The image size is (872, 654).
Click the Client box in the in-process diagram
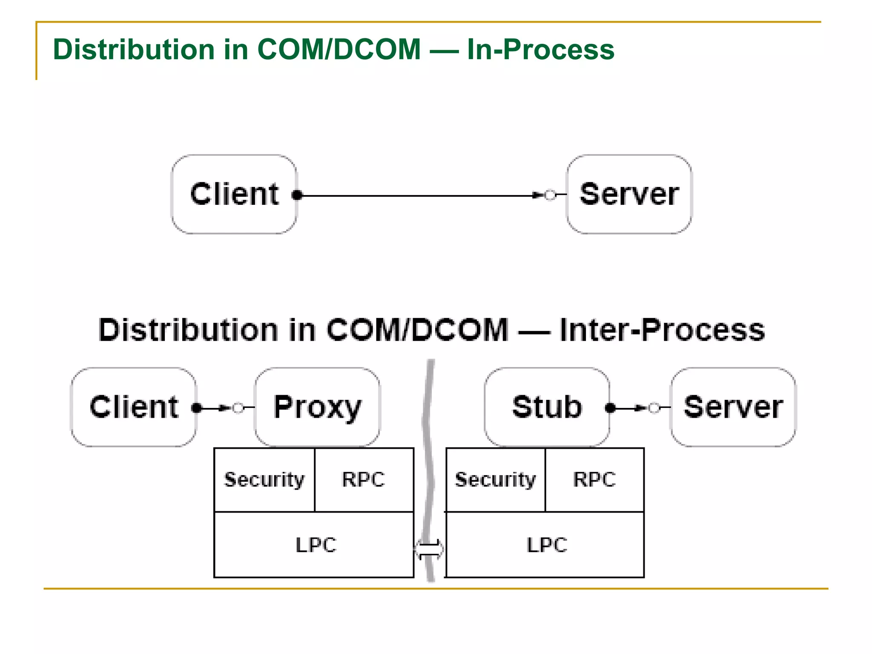[234, 195]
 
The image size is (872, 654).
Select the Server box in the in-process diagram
[629, 195]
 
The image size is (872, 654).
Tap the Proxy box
[317, 407]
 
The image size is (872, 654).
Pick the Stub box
[547, 407]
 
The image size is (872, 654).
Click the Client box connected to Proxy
[134, 407]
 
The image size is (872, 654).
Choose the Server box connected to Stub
[733, 407]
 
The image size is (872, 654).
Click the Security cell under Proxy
[264, 480]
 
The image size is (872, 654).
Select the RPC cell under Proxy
[364, 480]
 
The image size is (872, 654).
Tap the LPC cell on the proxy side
[314, 545]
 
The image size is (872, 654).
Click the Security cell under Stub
[495, 480]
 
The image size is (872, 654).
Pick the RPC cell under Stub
[594, 480]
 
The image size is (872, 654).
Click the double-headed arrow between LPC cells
[429, 549]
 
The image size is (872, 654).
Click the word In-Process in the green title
[540, 49]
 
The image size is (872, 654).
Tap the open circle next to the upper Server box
[550, 195]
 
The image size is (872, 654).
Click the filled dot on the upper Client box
[298, 195]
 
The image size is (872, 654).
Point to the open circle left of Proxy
[238, 408]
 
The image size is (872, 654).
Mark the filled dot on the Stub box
[610, 408]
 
